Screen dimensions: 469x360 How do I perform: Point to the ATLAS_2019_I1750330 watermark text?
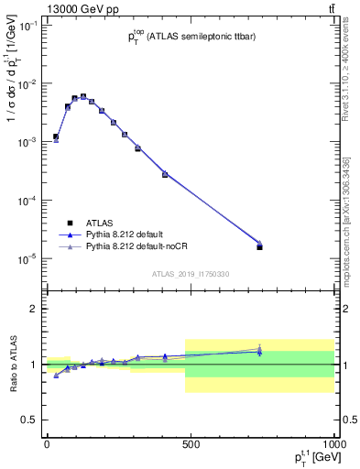click(191, 274)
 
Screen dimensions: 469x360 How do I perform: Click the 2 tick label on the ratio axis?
click(35, 310)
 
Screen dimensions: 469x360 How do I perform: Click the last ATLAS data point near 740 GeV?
click(260, 246)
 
